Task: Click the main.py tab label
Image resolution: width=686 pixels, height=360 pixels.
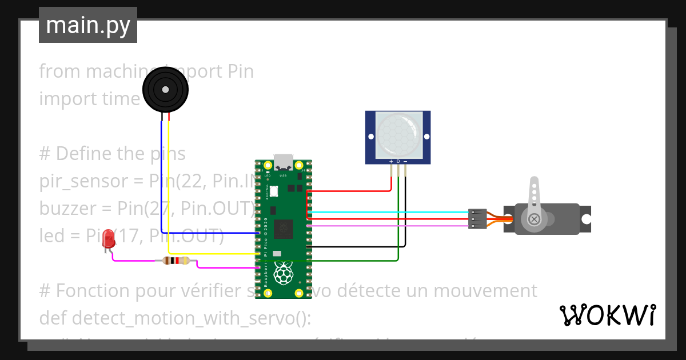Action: tap(88, 26)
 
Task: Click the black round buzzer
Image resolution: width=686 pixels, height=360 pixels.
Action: tap(165, 90)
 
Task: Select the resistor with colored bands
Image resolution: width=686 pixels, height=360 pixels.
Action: tap(176, 261)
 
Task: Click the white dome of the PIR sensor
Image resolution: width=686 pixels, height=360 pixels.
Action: tap(398, 135)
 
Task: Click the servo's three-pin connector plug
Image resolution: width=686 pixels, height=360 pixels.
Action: tap(477, 219)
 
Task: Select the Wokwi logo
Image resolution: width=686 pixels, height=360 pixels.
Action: tap(607, 315)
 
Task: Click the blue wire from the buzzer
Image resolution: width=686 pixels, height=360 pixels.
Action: tap(162, 183)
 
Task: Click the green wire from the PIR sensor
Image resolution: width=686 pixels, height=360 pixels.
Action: tap(398, 229)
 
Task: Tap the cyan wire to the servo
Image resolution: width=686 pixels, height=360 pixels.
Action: tap(389, 212)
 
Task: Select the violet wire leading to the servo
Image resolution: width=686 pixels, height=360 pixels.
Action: tap(389, 226)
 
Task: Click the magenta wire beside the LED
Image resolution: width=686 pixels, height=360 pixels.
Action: tap(131, 261)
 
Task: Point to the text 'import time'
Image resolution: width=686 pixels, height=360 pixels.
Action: tap(89, 99)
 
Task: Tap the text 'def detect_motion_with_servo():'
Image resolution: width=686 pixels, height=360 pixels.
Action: tap(174, 318)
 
